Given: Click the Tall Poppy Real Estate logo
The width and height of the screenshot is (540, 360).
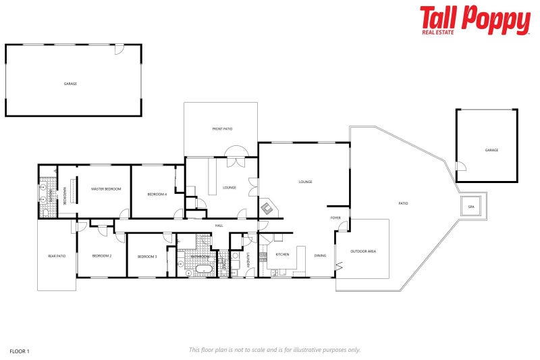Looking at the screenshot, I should (475, 20).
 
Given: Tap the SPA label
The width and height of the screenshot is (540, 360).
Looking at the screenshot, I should (471, 207).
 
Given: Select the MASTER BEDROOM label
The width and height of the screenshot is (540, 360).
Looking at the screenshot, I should (106, 188).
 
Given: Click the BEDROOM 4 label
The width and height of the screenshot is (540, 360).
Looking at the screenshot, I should (157, 195).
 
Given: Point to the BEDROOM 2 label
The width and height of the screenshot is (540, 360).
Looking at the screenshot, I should (102, 256).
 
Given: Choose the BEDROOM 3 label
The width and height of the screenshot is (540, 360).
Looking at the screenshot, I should (147, 257).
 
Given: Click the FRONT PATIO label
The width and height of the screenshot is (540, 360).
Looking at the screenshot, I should (222, 128).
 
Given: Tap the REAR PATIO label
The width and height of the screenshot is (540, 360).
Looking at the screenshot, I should (57, 256).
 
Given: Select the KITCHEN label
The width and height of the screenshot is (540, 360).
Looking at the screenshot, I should (282, 255).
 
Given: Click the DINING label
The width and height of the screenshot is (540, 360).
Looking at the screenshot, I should (320, 255).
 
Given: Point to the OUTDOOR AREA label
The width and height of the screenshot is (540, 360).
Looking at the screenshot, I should (363, 251).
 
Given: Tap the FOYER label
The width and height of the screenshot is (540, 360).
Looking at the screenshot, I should (335, 217).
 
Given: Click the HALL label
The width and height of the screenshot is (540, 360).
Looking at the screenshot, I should (219, 226).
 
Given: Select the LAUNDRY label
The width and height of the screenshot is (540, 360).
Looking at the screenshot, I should (248, 259).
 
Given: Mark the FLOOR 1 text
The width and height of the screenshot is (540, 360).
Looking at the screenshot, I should (20, 351).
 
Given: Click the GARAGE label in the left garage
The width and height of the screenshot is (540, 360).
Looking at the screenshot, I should (70, 84).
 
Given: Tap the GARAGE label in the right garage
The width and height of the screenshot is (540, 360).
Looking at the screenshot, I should (491, 150).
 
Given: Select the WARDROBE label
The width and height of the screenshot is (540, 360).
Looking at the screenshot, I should (65, 196).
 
